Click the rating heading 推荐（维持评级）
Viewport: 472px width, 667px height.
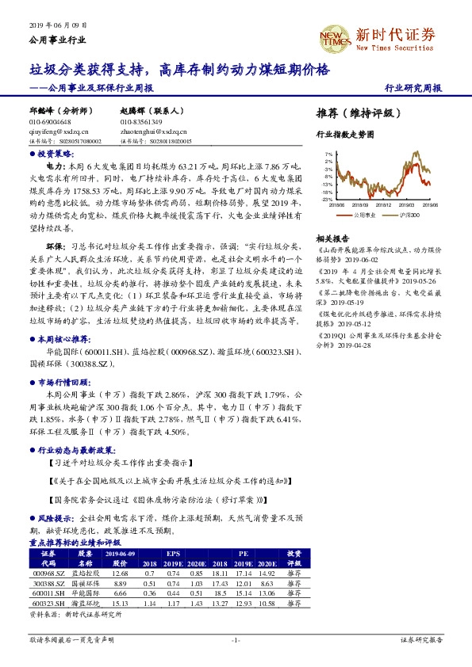tap(353, 114)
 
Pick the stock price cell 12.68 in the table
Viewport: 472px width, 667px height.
tap(121, 572)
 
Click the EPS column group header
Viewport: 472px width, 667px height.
tap(172, 553)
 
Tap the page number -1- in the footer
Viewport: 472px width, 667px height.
tap(235, 639)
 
